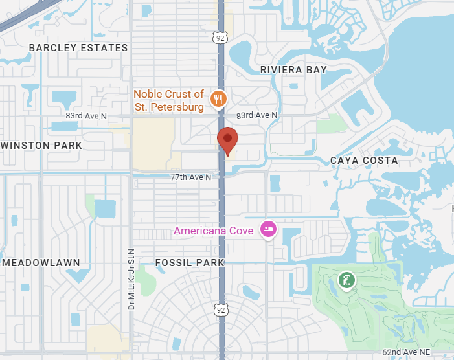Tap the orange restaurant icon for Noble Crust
pyautogui.click(x=220, y=98)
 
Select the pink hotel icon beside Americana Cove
pyautogui.click(x=267, y=229)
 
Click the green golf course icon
pyautogui.click(x=346, y=281)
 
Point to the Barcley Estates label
pyautogui.click(x=78, y=48)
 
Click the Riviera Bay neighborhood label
pyautogui.click(x=293, y=69)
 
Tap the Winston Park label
pyautogui.click(x=41, y=146)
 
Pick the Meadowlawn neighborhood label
pyautogui.click(x=41, y=263)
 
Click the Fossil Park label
pyautogui.click(x=189, y=263)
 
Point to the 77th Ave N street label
pyautogui.click(x=191, y=177)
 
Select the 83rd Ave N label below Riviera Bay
pyautogui.click(x=257, y=115)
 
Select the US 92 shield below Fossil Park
pyautogui.click(x=221, y=311)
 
